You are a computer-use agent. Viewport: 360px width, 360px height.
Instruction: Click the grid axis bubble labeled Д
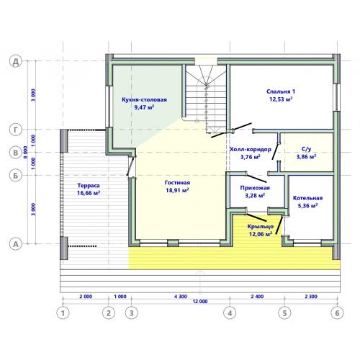pos(16,61)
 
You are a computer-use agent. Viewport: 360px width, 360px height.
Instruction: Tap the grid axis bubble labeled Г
pos(16,130)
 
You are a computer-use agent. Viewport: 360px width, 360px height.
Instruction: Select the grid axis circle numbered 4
pos(230,313)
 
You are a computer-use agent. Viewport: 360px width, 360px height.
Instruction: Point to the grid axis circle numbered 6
pos(337,313)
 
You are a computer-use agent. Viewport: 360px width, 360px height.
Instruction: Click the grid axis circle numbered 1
pos(63,313)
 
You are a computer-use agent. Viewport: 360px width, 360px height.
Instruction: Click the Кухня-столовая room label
pos(144,99)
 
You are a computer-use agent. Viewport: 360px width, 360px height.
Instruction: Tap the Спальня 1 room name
pos(281,91)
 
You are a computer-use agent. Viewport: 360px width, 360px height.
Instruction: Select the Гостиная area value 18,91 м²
pos(177,190)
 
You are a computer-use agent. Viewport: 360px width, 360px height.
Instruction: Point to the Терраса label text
pos(89,186)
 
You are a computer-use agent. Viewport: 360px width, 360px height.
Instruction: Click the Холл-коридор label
pos(251,149)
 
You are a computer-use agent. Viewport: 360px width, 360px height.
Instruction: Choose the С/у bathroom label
pos(306,149)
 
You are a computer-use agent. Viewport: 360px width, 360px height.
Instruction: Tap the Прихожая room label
pos(255,188)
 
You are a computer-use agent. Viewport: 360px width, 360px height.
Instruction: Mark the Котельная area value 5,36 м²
pos(308,206)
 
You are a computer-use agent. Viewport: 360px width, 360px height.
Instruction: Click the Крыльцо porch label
pos(261,226)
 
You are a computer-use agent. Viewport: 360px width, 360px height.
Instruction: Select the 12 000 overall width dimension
pos(200,302)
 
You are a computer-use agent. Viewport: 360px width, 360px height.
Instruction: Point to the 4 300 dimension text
pos(181,297)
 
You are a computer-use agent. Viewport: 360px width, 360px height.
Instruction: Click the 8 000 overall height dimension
pos(26,152)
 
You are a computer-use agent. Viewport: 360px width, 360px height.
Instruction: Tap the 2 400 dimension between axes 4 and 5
pos(257,297)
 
